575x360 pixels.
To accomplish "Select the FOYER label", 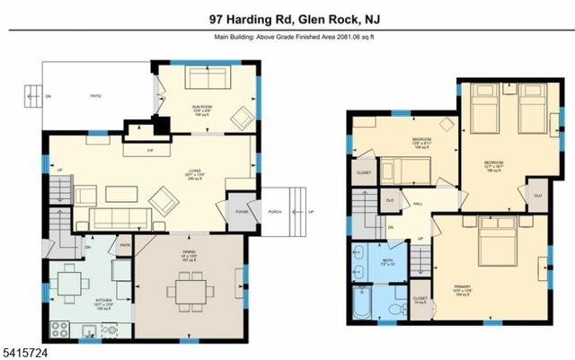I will pyautogui.click(x=242, y=213).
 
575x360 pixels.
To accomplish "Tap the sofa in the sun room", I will pyautogui.click(x=208, y=78).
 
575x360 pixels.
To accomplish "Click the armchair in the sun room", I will pyautogui.click(x=242, y=116).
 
